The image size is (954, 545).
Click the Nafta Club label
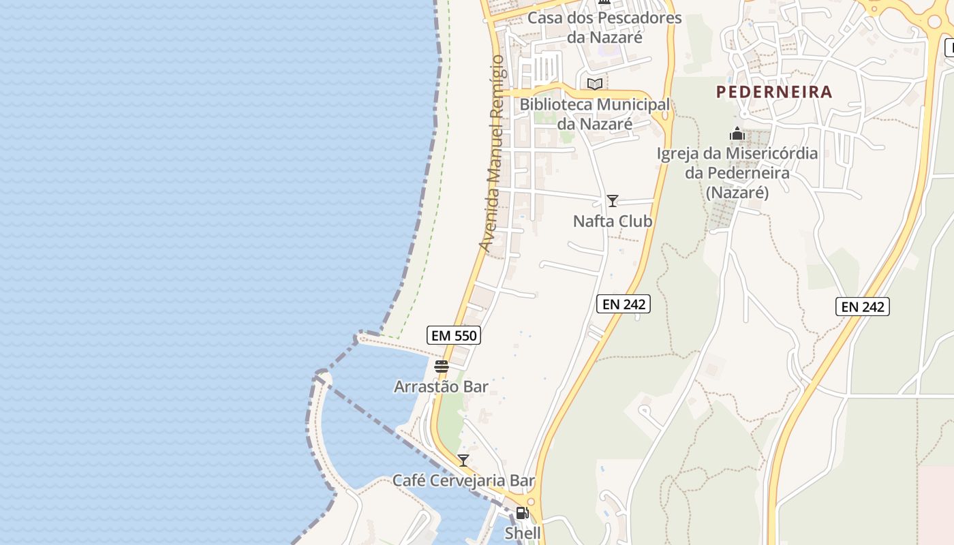tap(612, 221)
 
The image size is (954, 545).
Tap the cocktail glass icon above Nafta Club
tap(613, 201)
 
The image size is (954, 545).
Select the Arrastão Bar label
tap(441, 387)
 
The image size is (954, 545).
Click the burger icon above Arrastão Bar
tap(442, 367)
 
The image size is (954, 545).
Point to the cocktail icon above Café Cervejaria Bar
tap(463, 461)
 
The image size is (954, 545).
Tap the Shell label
tap(523, 533)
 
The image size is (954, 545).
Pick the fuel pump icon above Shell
tap(523, 513)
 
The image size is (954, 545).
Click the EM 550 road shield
tap(454, 335)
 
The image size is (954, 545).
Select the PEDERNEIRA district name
tap(774, 92)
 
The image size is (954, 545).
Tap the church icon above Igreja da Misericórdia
tap(737, 134)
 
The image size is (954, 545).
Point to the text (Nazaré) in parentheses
tap(737, 193)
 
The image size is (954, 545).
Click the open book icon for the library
tap(595, 84)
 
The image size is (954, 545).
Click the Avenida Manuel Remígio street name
tap(492, 153)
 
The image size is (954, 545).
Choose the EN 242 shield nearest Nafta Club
tap(624, 304)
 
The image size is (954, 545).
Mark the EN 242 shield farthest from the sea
tap(863, 307)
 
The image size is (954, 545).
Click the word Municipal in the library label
tap(633, 105)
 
